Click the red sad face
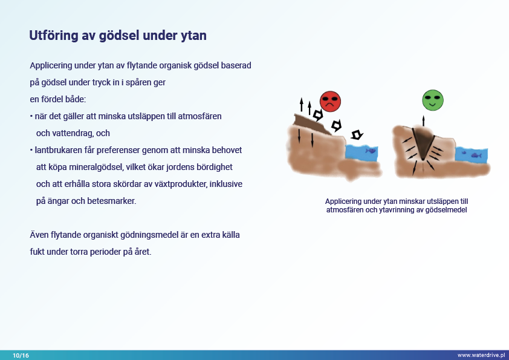click(330, 102)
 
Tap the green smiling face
click(433, 100)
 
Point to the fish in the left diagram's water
click(371, 151)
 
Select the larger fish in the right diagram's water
click(476, 155)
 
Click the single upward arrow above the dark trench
click(423, 120)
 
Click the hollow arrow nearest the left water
click(357, 134)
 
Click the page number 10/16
click(21, 355)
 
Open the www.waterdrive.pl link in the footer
click(481, 355)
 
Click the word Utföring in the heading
click(54, 36)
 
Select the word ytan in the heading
click(193, 36)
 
